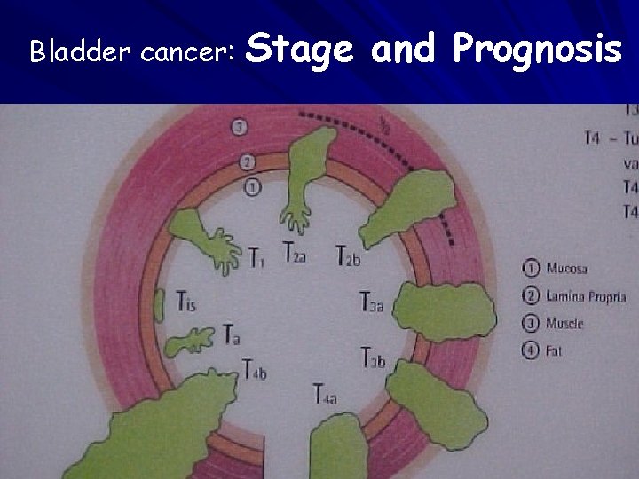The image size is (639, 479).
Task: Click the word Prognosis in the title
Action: pos(536,50)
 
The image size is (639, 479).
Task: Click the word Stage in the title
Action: pos(301,50)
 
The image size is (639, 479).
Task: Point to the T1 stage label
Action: pos(256,259)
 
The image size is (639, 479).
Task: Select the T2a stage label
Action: pos(296,253)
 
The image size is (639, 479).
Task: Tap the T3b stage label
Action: pos(373,358)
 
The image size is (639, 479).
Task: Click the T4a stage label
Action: pos(325,393)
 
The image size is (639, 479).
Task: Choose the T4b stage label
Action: pos(254,372)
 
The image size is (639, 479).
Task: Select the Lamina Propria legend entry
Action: pos(586,296)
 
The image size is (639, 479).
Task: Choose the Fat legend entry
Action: pos(555,351)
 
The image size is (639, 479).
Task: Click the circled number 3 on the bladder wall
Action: pos(240,128)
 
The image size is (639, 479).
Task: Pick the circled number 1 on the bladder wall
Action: pos(253,188)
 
